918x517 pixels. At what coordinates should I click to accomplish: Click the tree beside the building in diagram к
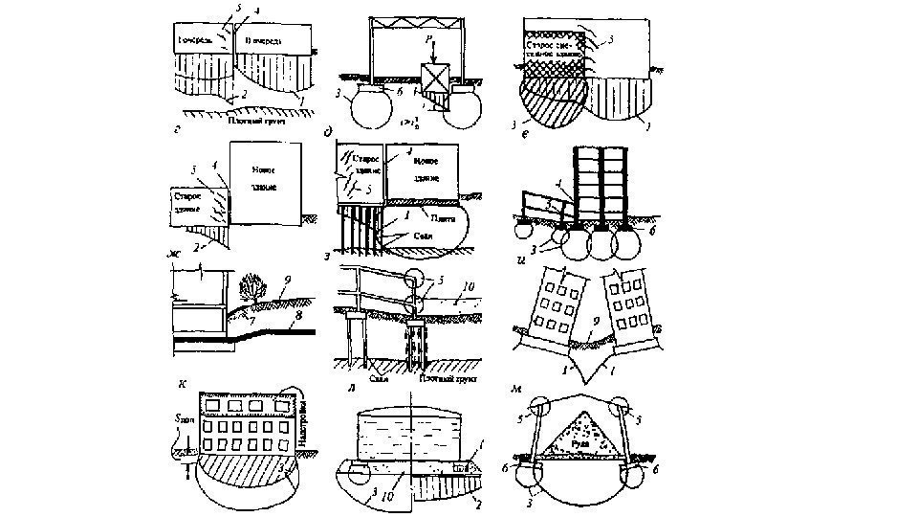click(x=252, y=284)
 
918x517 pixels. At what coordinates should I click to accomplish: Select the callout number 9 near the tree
click(x=288, y=280)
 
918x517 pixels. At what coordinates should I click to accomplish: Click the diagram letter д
click(x=328, y=132)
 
